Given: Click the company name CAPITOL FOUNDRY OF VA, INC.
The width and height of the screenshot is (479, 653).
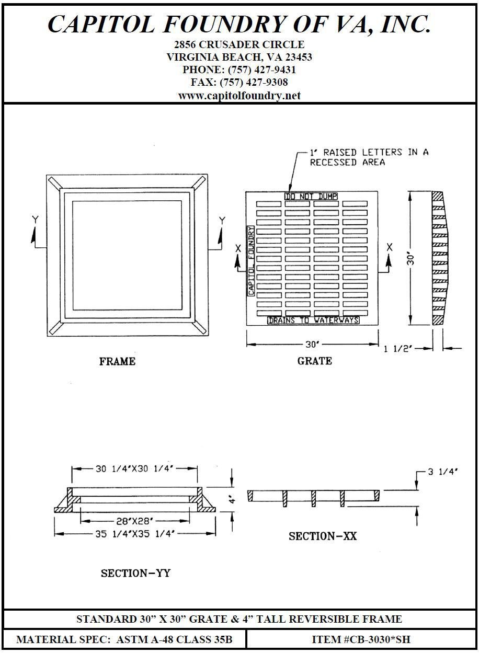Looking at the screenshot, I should pyautogui.click(x=239, y=24).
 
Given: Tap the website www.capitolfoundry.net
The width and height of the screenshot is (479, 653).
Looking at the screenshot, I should pyautogui.click(x=239, y=96).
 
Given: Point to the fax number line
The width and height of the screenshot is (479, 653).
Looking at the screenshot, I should pyautogui.click(x=239, y=83).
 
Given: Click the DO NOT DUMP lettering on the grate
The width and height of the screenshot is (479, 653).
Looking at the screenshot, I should pyautogui.click(x=311, y=197).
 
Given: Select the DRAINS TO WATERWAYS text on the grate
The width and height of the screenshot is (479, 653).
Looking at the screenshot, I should pyautogui.click(x=313, y=320).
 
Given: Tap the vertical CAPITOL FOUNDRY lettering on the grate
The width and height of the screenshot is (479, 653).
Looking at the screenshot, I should pyautogui.click(x=251, y=261).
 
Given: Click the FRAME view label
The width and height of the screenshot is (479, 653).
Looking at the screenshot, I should pyautogui.click(x=117, y=361).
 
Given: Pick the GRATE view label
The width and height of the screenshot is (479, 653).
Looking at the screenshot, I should pyautogui.click(x=314, y=361).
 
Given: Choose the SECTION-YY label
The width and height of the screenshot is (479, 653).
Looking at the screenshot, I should pyautogui.click(x=135, y=574).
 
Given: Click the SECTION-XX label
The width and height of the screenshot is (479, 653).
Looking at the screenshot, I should pyautogui.click(x=323, y=536).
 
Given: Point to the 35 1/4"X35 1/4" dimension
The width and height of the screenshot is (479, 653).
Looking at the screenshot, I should pyautogui.click(x=135, y=534).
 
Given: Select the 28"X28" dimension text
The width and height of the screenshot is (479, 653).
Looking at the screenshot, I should pyautogui.click(x=135, y=521).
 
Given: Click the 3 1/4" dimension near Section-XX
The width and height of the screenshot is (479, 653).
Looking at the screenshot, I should pyautogui.click(x=442, y=472).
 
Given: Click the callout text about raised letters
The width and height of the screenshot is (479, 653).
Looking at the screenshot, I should pyautogui.click(x=369, y=157).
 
